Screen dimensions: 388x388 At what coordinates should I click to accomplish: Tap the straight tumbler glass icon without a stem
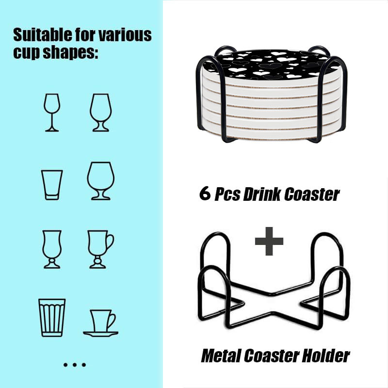click(x=52, y=197)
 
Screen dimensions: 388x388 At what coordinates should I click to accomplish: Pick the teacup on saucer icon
click(x=100, y=333)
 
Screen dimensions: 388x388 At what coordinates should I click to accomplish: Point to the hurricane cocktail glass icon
click(x=52, y=261)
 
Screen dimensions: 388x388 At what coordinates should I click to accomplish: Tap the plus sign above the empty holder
click(x=269, y=241)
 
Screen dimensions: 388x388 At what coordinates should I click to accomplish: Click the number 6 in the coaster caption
click(x=205, y=193)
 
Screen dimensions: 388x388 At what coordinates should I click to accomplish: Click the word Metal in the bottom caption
click(x=221, y=356)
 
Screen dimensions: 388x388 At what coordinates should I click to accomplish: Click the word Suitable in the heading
click(x=43, y=34)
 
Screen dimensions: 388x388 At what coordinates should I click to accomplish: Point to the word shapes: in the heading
click(x=70, y=53)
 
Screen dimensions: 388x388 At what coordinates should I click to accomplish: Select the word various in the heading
click(x=125, y=35)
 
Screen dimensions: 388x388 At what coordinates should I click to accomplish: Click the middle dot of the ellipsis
click(x=75, y=365)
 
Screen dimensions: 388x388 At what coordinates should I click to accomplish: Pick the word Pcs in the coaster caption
click(x=227, y=194)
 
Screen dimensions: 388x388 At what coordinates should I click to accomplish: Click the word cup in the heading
click(x=27, y=53)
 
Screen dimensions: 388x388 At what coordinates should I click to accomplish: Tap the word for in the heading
click(x=85, y=34)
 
